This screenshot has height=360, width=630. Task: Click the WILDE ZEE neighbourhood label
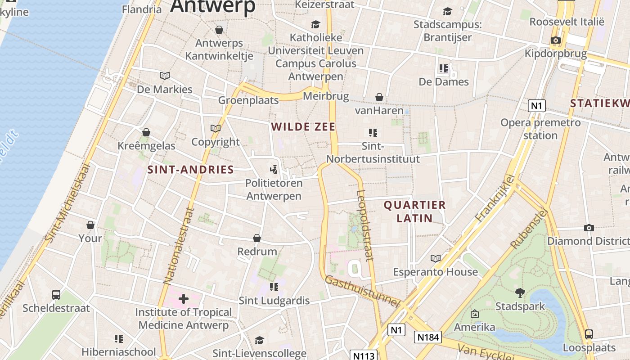coord(304,127)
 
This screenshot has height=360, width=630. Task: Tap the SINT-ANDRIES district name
coord(191,170)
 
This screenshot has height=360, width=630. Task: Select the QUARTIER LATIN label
coord(414,211)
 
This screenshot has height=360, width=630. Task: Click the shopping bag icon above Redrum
coord(257,238)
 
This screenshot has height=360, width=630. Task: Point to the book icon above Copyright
coord(216,128)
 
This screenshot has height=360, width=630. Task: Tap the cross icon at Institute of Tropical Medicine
coord(183,298)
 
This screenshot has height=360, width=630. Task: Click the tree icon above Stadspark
coord(520,293)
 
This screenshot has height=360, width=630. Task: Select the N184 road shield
coord(428,337)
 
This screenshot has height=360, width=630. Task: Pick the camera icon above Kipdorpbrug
coord(555,40)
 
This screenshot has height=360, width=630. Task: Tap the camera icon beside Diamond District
coord(589,228)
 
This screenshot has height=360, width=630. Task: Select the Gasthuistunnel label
coord(362,292)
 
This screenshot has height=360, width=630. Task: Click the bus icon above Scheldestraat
coord(56,294)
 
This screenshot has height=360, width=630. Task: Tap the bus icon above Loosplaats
coord(589,334)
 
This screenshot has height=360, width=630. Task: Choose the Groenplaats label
coord(248,100)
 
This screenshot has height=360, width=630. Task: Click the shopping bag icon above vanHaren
coord(379,97)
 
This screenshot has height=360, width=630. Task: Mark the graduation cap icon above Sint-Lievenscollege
coord(259,340)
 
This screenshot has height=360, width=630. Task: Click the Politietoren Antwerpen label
coord(274,189)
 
